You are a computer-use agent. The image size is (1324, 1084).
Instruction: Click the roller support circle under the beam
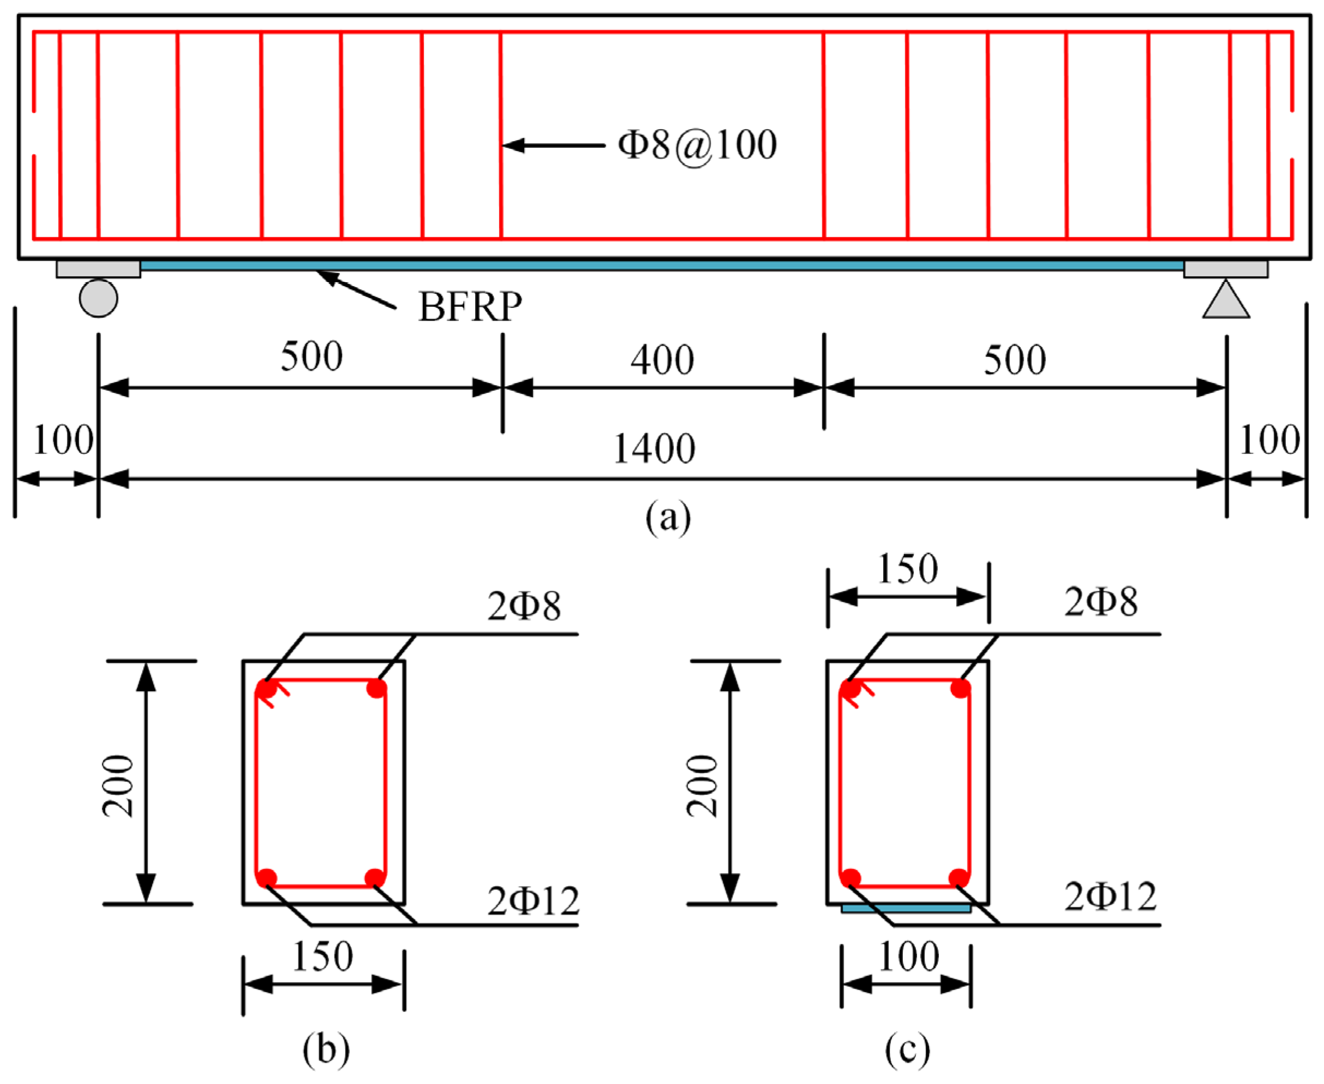coord(98,298)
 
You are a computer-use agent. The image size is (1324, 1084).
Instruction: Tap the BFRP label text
coord(470,307)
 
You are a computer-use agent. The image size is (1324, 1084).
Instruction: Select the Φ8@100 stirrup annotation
coord(697,145)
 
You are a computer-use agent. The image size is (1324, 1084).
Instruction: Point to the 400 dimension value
coord(661,360)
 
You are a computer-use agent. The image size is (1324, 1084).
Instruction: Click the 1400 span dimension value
coord(654,449)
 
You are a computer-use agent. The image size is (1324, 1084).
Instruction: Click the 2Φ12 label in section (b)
coord(533,901)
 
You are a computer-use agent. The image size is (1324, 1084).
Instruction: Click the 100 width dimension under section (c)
coord(908,956)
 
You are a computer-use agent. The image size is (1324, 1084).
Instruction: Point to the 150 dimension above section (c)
coord(907,569)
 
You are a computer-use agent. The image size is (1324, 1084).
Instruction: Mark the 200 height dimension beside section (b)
coord(119,786)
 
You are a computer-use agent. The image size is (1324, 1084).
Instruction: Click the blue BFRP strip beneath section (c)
coord(905,909)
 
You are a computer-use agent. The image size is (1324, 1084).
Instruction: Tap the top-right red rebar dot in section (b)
coord(376,689)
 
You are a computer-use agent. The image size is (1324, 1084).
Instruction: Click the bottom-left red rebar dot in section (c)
coord(850,878)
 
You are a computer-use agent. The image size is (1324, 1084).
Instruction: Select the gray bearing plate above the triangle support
coord(1225,269)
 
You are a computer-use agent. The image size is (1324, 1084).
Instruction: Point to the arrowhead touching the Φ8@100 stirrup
coord(512,146)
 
